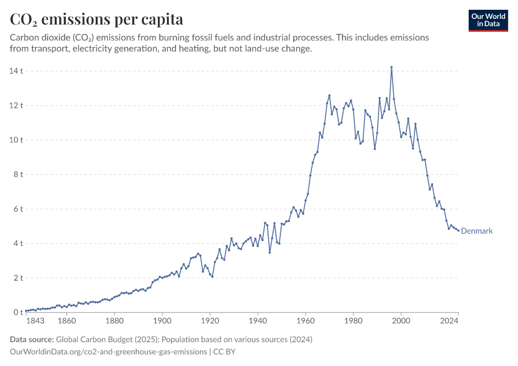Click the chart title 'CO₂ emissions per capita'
click(96, 20)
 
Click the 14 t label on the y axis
click(16, 71)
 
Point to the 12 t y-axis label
click(16, 106)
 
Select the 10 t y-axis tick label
click(16, 140)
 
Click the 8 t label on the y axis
click(18, 174)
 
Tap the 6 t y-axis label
click(18, 209)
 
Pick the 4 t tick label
click(18, 243)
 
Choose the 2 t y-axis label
click(18, 278)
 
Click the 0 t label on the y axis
click(18, 312)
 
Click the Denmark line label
click(477, 231)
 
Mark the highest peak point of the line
click(391, 67)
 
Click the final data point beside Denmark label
click(458, 231)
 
